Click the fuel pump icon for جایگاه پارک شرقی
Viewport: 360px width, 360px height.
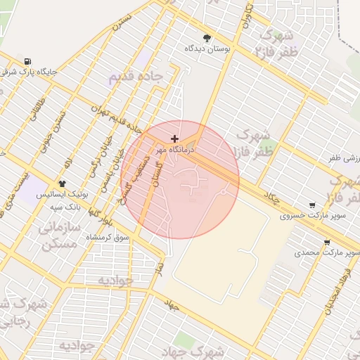coord(27,61)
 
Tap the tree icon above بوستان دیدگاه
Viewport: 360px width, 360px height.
coord(207,38)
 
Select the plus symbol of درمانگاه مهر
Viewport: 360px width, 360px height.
coord(174,139)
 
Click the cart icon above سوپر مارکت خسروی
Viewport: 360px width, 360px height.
coord(312,205)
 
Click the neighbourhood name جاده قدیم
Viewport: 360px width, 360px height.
coord(135,76)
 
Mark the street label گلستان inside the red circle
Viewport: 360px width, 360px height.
coord(153,170)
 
